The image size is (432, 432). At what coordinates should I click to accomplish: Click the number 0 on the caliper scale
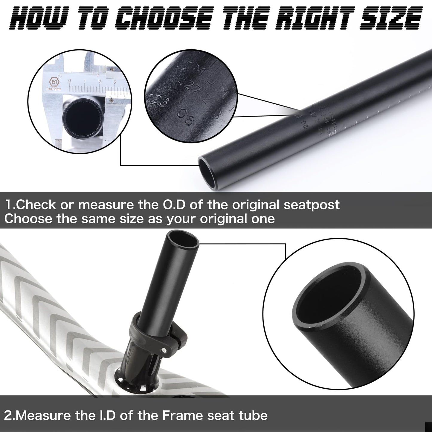[70, 81]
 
